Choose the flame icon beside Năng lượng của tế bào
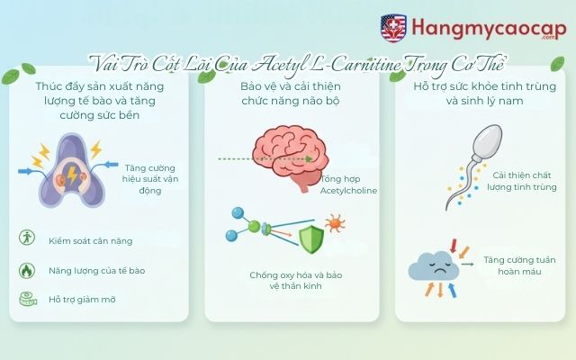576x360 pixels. pos(26,269)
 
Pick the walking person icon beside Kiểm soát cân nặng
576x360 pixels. pos(26,238)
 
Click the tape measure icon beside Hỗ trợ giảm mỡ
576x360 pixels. pos(26,299)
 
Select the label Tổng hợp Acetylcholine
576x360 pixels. pos(347,184)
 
